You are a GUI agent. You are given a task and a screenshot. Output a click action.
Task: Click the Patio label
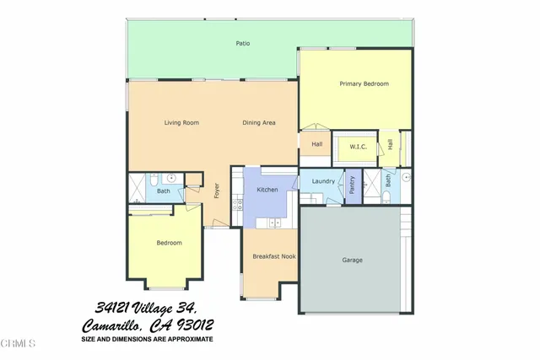click(x=242, y=43)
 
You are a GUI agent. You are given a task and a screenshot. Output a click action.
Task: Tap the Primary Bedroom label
click(x=364, y=83)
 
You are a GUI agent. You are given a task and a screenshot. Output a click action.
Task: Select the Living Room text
click(x=181, y=123)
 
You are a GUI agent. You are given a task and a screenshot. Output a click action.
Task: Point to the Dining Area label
click(x=259, y=123)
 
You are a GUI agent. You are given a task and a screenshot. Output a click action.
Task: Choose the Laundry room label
click(x=323, y=181)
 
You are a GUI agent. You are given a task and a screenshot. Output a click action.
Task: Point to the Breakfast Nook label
click(x=270, y=255)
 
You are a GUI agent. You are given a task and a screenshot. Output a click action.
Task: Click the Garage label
click(x=352, y=260)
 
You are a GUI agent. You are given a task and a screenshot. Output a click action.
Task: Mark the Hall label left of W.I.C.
click(x=316, y=144)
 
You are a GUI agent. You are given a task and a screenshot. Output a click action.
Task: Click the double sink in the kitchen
click(x=273, y=223)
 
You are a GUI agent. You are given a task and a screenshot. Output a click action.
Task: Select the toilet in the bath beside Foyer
click(x=154, y=179)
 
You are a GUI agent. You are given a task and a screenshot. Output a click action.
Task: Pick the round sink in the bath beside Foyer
click(x=170, y=179)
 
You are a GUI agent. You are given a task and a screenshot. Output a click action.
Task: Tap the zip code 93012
click(x=192, y=325)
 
